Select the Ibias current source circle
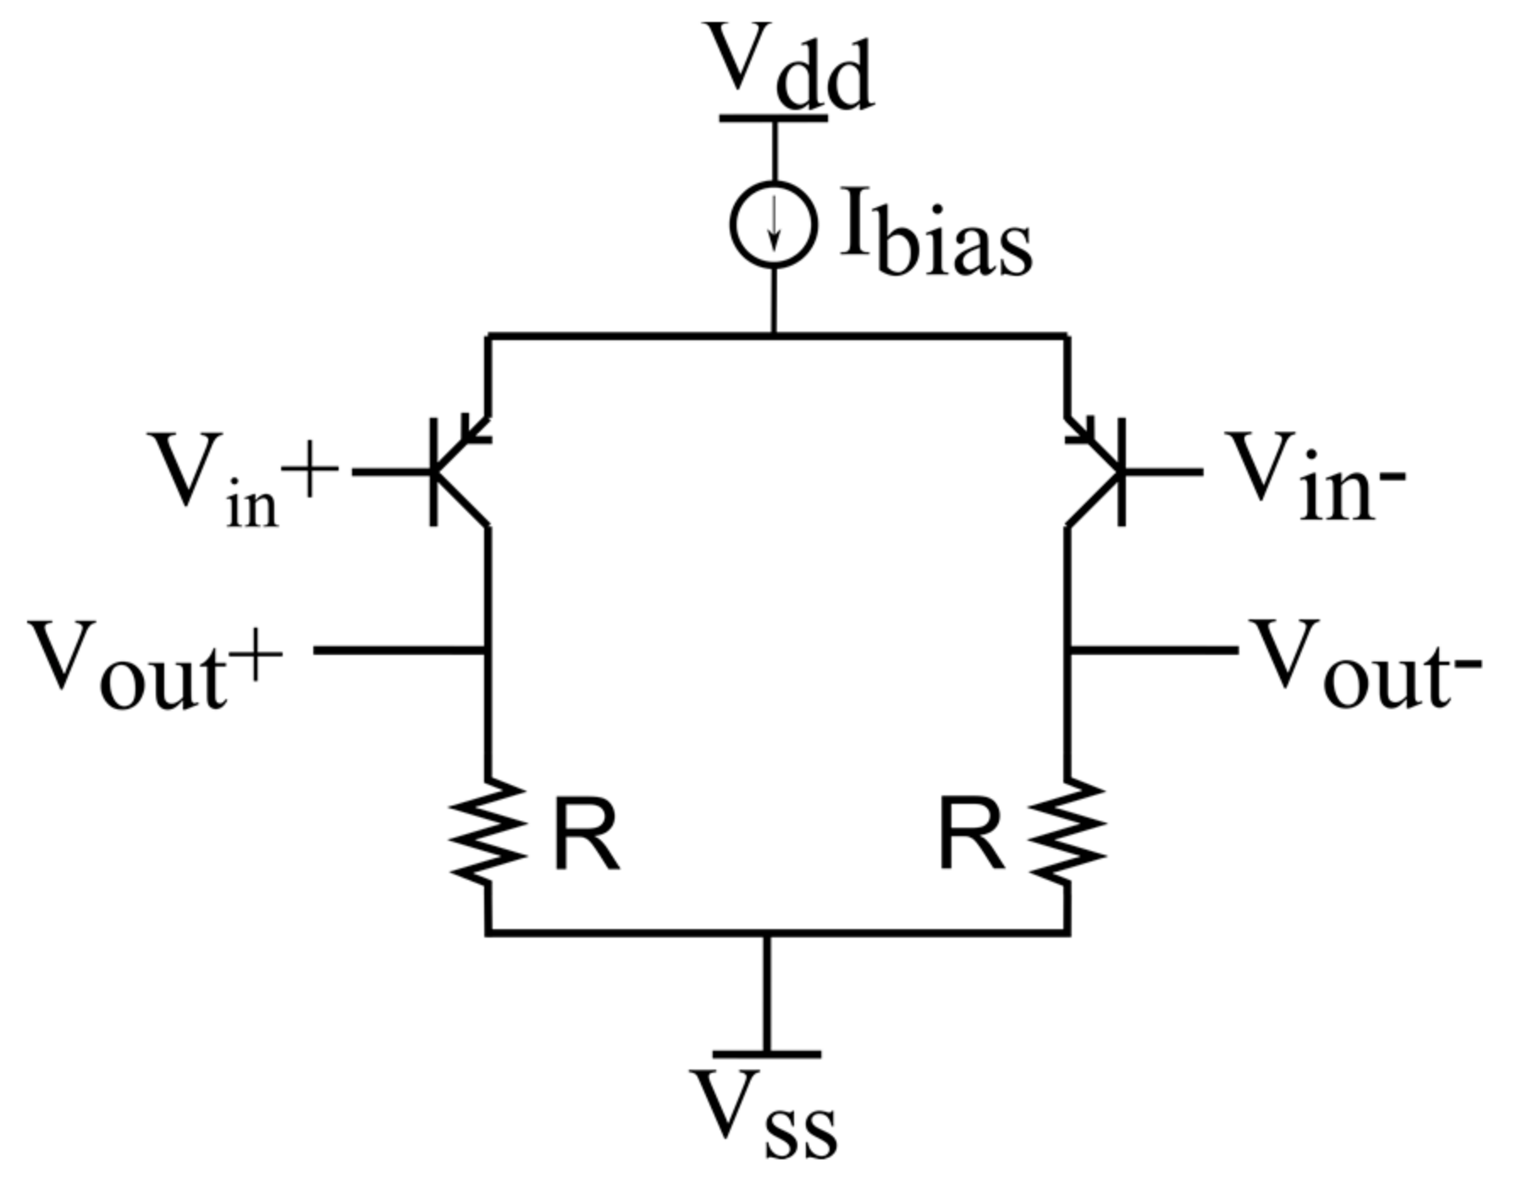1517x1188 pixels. coord(774,224)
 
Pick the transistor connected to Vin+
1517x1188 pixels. coord(457,471)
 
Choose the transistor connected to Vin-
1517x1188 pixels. coord(1097,471)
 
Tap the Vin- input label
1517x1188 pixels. coord(1316,478)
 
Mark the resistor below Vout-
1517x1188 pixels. coord(1068,832)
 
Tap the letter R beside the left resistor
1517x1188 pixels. coord(586,836)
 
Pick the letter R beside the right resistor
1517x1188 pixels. coord(972,836)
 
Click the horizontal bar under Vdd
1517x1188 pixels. coord(774,118)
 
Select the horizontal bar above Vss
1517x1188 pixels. coord(767,1054)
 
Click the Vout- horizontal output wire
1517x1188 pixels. coord(1153,650)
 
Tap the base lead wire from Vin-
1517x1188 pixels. coord(1164,471)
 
